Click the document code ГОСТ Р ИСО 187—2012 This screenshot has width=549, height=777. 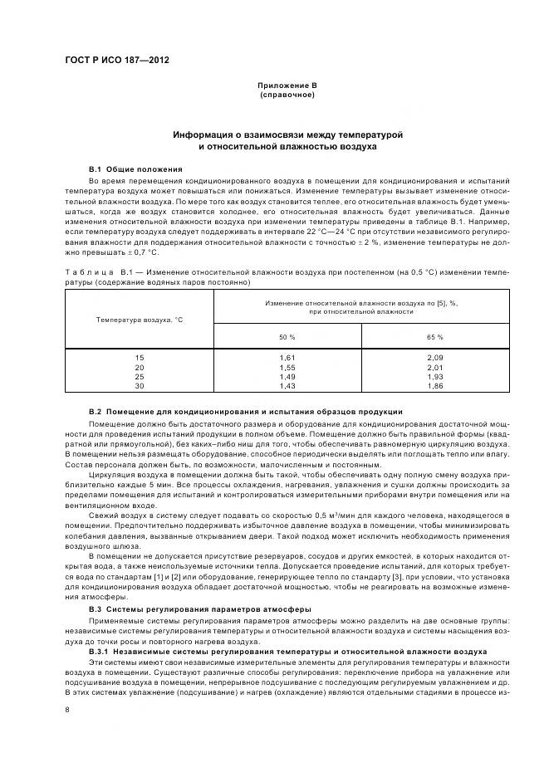point(117,61)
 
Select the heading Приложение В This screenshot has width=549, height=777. point(287,86)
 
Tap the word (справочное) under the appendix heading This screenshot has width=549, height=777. point(287,95)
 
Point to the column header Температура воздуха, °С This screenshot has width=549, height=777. point(139,319)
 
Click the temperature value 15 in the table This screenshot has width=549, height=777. point(139,357)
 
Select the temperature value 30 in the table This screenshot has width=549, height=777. point(139,386)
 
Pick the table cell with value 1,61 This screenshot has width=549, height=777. point(287,357)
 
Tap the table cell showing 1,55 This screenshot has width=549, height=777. point(287,367)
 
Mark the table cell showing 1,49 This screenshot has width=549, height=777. point(287,376)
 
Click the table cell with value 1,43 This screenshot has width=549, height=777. point(287,386)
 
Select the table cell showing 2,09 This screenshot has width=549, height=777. point(435,357)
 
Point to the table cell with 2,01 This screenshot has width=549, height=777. point(435,367)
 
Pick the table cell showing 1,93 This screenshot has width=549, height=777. point(435,376)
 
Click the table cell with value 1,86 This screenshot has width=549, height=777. point(435,386)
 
